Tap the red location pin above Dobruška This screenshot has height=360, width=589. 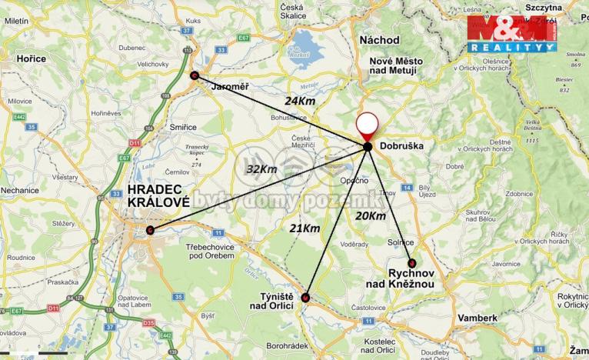click(x=368, y=125)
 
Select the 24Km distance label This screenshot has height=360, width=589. click(x=300, y=101)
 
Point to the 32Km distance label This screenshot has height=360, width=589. click(x=261, y=168)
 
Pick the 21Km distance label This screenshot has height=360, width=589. click(x=304, y=228)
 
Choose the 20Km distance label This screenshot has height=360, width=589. click(x=371, y=216)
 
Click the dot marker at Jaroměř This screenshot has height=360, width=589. click(x=194, y=75)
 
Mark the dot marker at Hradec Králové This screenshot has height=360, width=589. click(x=150, y=230)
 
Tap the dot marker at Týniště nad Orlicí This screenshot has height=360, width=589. click(x=306, y=297)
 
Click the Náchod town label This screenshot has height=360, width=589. click(x=380, y=39)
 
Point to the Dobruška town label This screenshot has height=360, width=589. click(x=402, y=145)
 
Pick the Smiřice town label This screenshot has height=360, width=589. click(x=183, y=127)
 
